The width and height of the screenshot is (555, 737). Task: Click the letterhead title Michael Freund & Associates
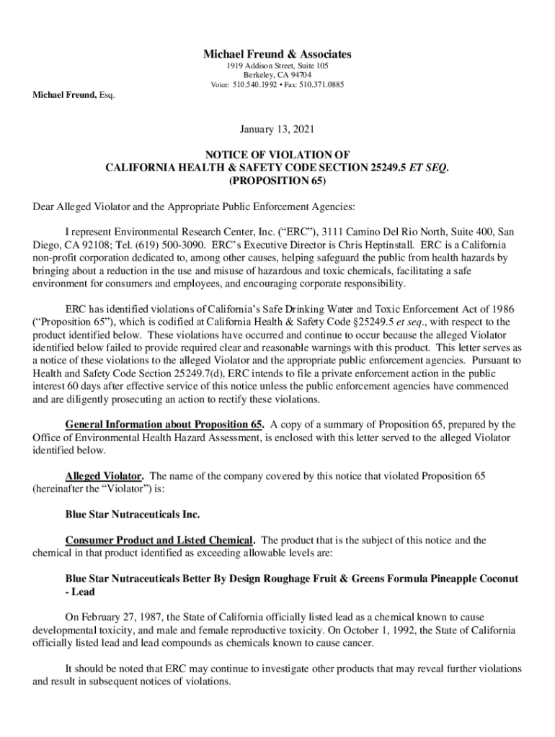(x=277, y=54)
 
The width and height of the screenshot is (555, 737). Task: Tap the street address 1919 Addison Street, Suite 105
(x=277, y=65)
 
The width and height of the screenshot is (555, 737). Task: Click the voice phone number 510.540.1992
(x=255, y=85)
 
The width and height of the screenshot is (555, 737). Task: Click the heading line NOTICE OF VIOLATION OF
(x=277, y=154)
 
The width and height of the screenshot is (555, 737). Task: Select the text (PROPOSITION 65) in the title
(x=277, y=180)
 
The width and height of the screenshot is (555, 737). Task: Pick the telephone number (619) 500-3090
(x=149, y=243)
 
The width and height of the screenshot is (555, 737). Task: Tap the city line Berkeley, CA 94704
(x=277, y=75)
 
